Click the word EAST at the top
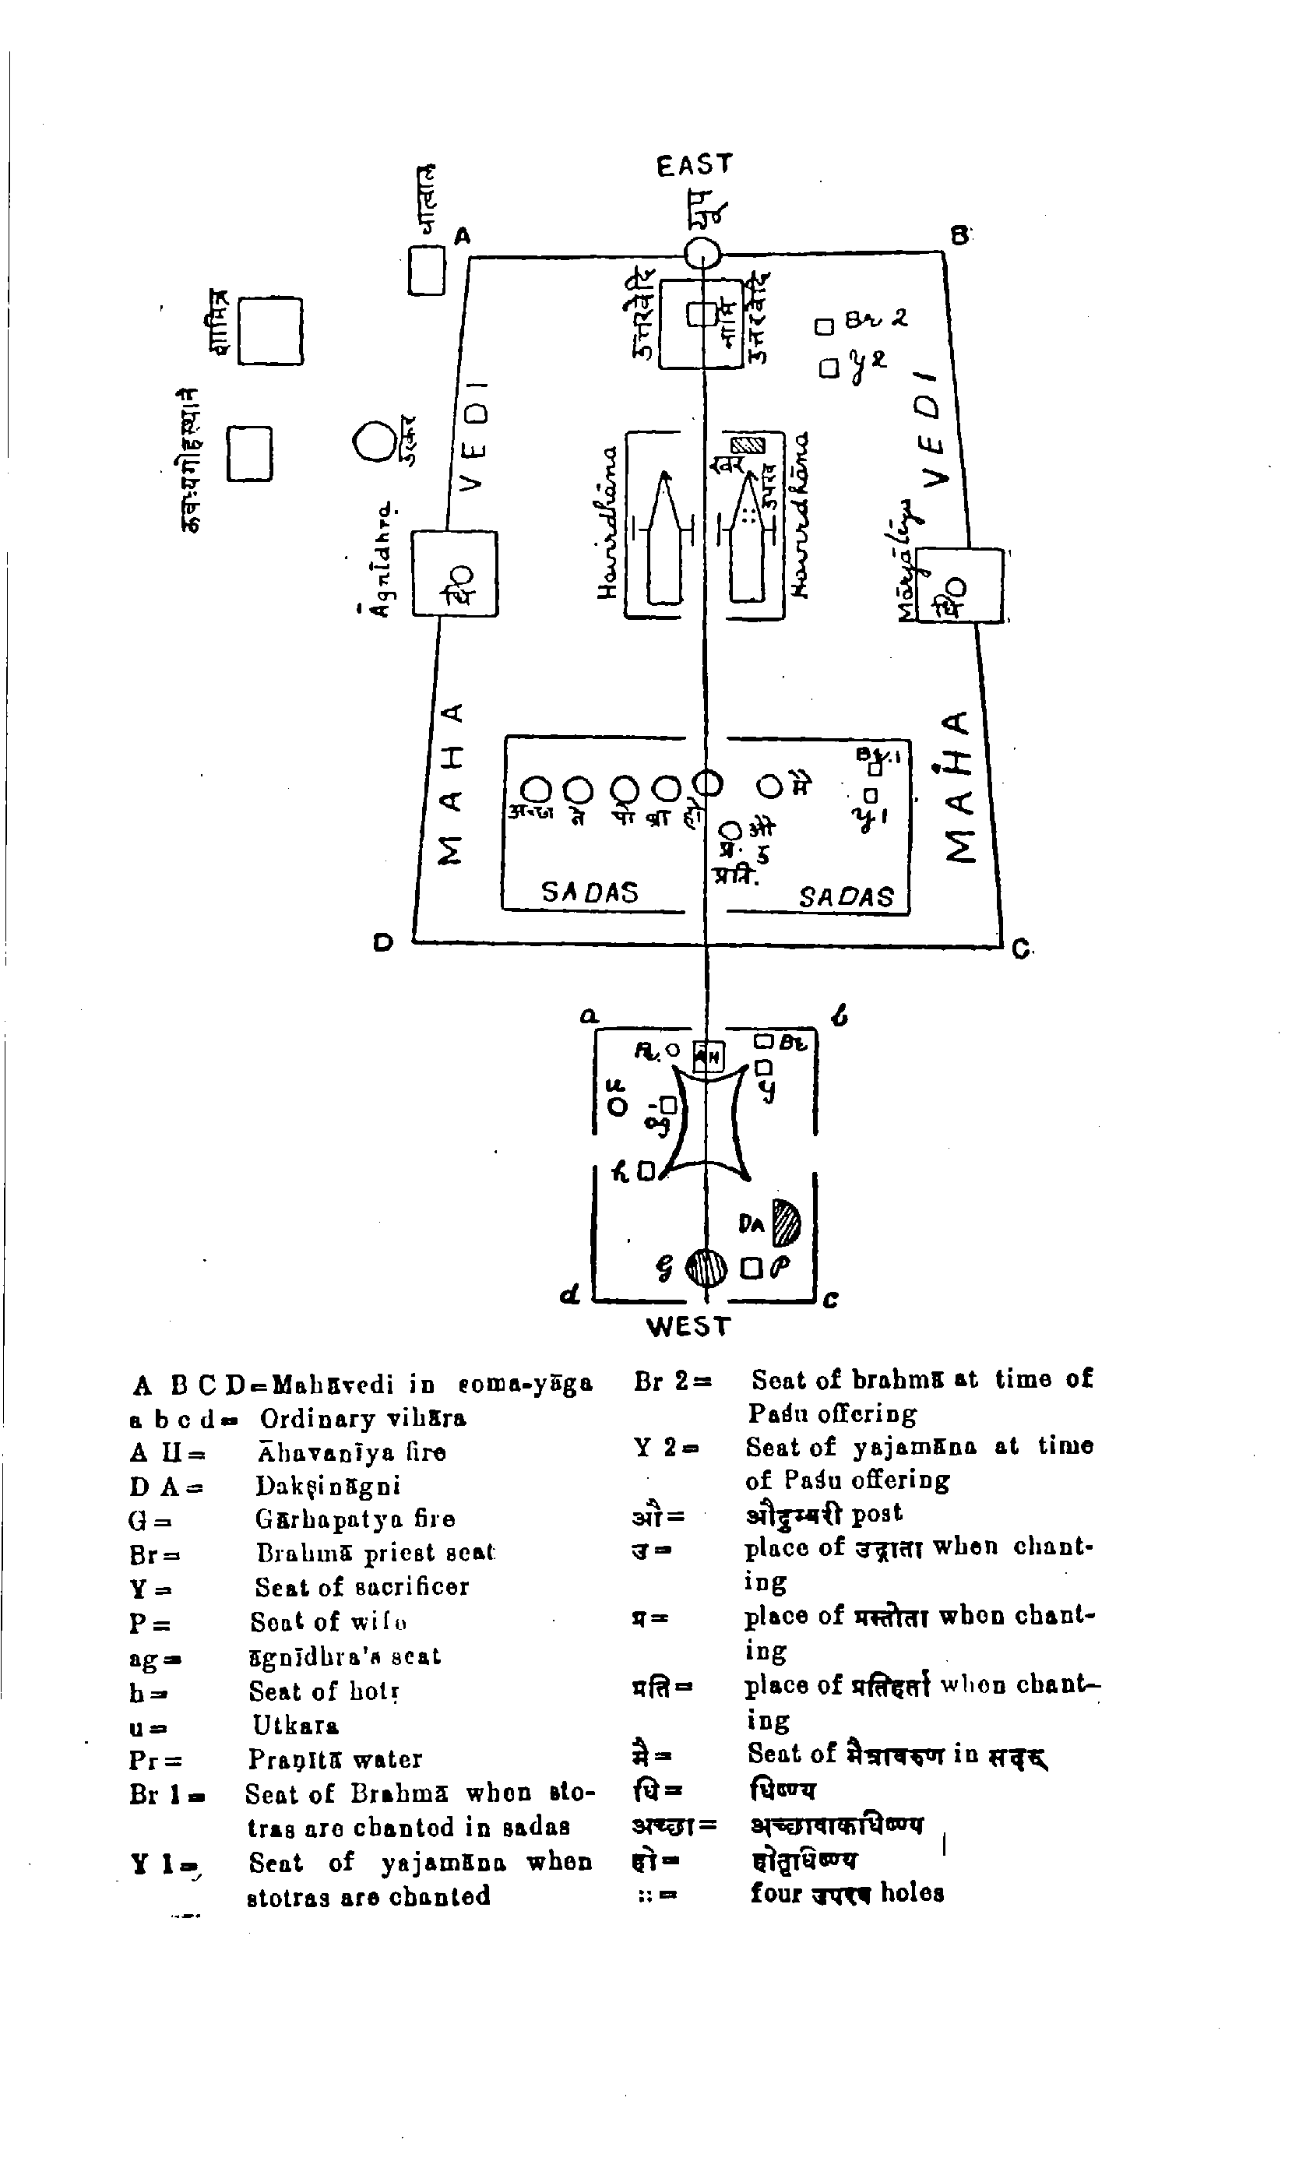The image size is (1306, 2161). [694, 165]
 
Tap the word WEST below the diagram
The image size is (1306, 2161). [688, 1326]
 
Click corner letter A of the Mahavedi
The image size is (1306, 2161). [463, 236]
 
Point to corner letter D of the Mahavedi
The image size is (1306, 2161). [383, 943]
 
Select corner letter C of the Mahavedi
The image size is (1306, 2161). [1020, 949]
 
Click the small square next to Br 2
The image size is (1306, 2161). [824, 326]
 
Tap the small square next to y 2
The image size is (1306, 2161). [829, 368]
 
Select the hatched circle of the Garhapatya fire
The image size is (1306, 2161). [706, 1267]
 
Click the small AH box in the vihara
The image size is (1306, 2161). [709, 1057]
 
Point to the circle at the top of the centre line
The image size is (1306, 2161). [702, 255]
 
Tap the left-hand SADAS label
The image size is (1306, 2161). [590, 892]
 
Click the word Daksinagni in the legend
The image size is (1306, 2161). [327, 1485]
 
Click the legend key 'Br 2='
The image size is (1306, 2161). [673, 1381]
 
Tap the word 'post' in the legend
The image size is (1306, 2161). [876, 1513]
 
